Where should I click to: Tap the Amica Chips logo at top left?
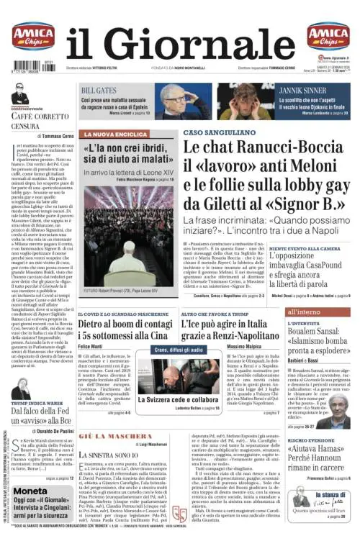tap(32, 35)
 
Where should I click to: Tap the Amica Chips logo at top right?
tap(328, 35)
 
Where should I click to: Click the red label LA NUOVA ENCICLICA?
tap(114, 134)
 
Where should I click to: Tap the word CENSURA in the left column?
tap(25, 127)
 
